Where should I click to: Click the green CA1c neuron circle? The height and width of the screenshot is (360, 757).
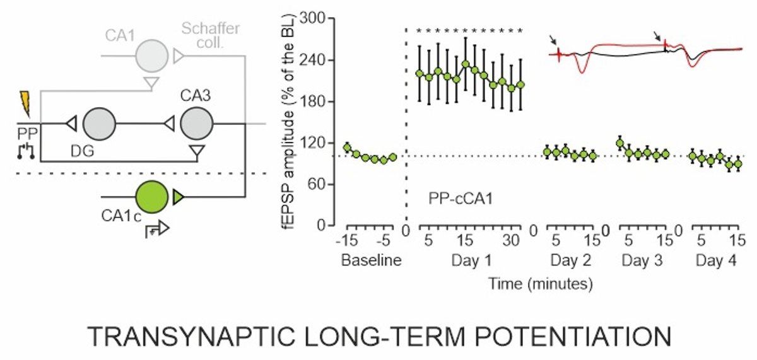[x=151, y=197]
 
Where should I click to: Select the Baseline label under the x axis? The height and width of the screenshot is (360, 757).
[x=371, y=260]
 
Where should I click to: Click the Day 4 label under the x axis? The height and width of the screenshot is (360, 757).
[x=716, y=260]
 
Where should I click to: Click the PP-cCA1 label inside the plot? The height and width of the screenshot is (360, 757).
[x=457, y=200]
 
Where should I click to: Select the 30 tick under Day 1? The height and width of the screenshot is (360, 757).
[x=512, y=241]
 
